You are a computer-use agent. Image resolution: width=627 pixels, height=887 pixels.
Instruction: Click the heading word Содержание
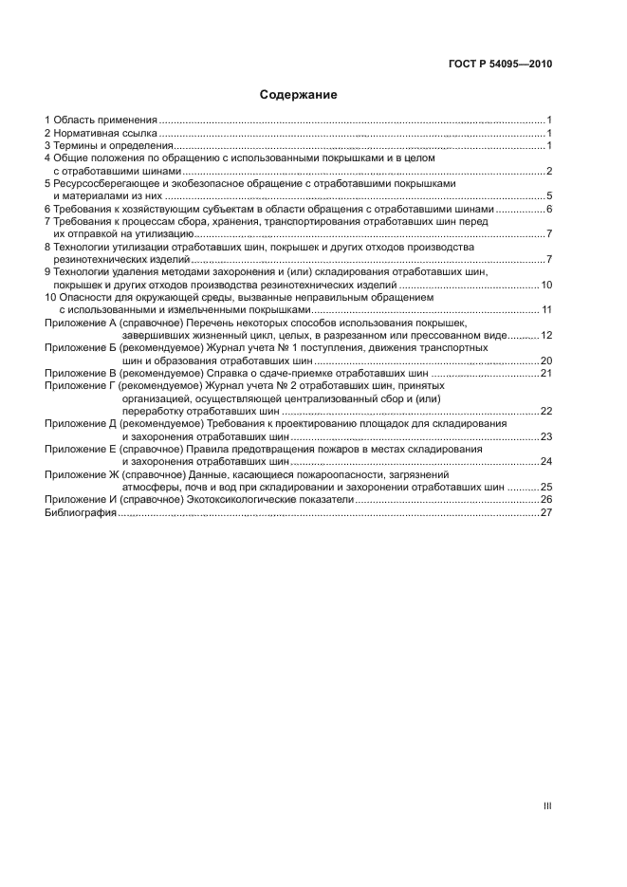click(x=298, y=95)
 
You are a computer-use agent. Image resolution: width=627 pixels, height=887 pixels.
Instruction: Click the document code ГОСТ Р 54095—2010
click(x=500, y=65)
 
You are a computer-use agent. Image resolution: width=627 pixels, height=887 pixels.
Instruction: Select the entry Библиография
click(x=81, y=512)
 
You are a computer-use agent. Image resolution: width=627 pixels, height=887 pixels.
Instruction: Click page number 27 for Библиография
click(x=546, y=512)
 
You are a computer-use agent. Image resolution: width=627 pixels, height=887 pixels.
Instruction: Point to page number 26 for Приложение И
click(x=546, y=499)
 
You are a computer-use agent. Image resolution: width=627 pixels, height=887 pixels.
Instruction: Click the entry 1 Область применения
click(x=101, y=120)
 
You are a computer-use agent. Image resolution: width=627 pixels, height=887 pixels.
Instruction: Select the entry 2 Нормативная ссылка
click(x=101, y=134)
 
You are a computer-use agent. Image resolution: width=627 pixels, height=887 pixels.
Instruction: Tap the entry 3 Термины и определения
click(x=108, y=146)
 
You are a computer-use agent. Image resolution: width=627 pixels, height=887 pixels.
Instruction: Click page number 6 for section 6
click(x=549, y=209)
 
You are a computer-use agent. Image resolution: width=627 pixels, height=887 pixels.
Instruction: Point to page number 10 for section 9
click(x=546, y=285)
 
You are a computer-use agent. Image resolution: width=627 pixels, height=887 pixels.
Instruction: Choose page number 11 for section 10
click(x=546, y=310)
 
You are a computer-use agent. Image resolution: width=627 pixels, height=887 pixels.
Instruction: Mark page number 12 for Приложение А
click(x=546, y=336)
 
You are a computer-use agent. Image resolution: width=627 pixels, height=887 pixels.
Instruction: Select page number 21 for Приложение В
click(x=546, y=374)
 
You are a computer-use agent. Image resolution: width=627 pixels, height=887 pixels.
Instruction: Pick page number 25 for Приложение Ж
click(x=546, y=487)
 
